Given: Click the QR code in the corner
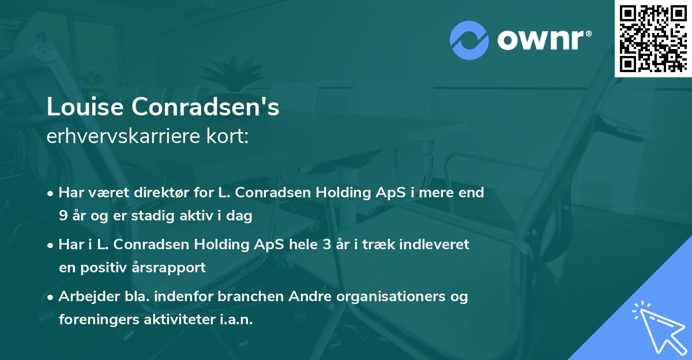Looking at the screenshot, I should coord(653,38).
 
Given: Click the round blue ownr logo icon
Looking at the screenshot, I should coord(469,40).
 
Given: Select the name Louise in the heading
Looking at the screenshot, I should coord(84,108).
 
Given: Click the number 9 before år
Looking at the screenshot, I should coord(62,216).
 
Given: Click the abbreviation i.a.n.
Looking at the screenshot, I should coord(237,320).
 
